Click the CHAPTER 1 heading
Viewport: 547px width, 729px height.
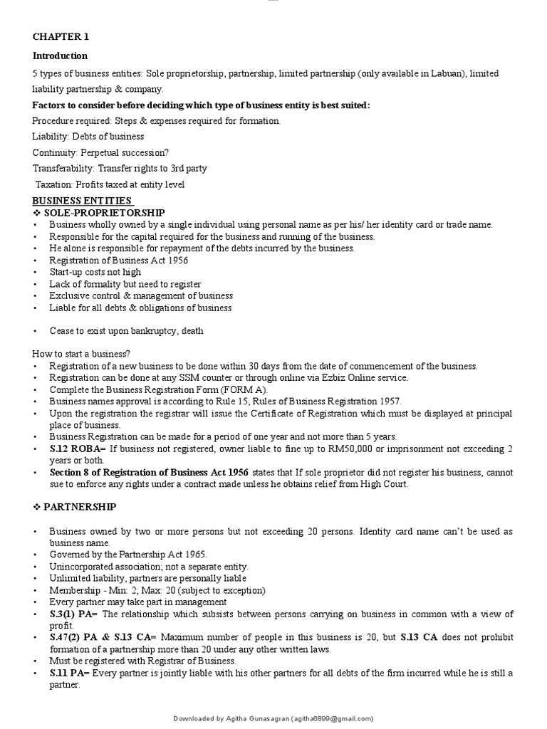(x=61, y=37)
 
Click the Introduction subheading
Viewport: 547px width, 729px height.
(x=60, y=56)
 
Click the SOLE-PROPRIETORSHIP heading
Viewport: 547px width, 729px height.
(x=104, y=213)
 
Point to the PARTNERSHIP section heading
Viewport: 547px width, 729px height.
(x=80, y=506)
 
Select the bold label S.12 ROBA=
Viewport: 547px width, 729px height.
(x=77, y=449)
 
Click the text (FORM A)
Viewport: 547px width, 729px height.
(x=246, y=389)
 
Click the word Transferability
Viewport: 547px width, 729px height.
(x=63, y=169)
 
